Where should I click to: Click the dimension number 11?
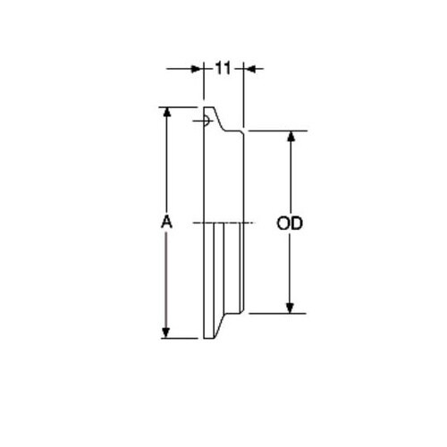click(223, 69)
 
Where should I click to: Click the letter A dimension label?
click(166, 223)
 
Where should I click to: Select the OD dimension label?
click(290, 223)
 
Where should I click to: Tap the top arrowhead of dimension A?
click(166, 114)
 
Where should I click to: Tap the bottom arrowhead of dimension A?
click(166, 333)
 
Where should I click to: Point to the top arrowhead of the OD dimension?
click(291, 137)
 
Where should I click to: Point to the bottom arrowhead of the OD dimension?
click(290, 308)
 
